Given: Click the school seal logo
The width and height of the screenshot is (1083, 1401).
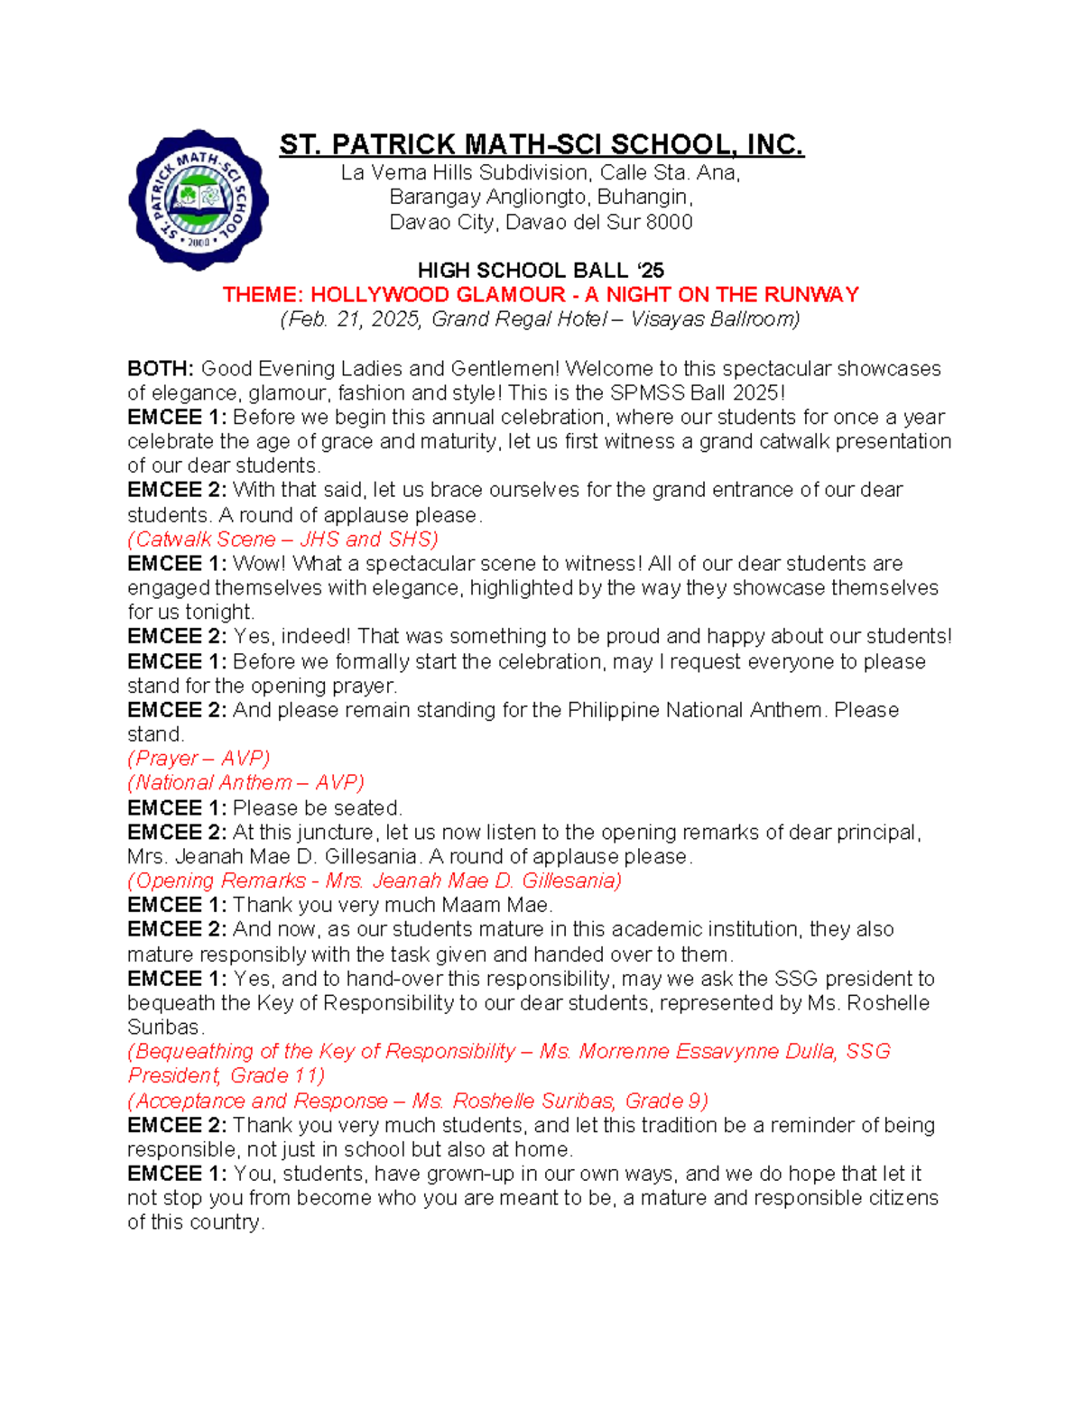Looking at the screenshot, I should click(199, 199).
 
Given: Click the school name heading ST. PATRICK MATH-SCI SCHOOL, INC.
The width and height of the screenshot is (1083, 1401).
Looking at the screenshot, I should click(541, 144).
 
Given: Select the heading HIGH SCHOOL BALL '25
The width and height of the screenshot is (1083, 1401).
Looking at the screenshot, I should click(541, 271).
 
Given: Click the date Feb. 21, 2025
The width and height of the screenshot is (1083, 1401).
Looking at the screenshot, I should click(355, 319).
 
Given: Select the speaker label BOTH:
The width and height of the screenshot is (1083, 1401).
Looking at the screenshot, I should click(161, 368).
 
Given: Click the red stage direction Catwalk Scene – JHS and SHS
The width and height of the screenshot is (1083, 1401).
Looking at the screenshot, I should click(282, 539).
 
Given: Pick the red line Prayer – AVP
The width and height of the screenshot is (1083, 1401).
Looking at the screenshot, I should click(199, 759).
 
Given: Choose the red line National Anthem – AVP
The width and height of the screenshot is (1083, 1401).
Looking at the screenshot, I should click(245, 783).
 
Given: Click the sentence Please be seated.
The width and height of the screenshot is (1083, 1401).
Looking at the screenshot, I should click(317, 807).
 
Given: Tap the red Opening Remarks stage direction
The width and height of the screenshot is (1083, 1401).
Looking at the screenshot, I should click(375, 880).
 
